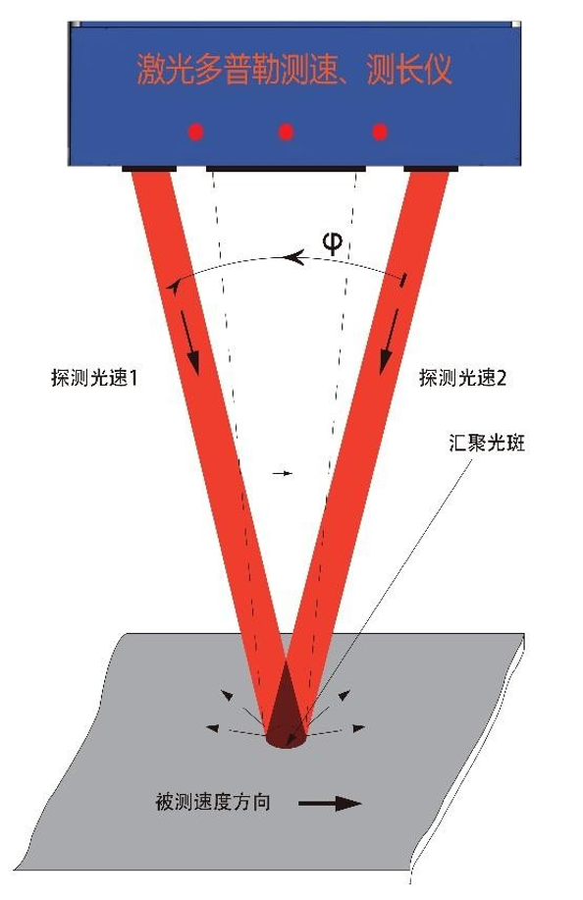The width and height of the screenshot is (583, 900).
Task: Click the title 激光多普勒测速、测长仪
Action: [x=294, y=70]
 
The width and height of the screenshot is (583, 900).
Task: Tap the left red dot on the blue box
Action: [x=196, y=132]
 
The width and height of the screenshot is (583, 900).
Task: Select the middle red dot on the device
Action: [x=287, y=132]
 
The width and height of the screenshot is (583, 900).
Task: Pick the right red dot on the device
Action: [x=379, y=132]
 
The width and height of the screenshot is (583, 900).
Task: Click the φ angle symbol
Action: [x=333, y=244]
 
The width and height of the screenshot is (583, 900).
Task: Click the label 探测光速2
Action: [x=462, y=378]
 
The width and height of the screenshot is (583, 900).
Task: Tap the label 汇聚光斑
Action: [x=487, y=443]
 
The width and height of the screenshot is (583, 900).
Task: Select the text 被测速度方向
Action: [x=213, y=802]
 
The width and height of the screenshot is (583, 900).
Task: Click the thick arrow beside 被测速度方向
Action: [x=331, y=803]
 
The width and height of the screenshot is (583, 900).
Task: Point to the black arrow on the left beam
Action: [x=191, y=343]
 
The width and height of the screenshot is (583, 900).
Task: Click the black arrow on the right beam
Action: [x=389, y=343]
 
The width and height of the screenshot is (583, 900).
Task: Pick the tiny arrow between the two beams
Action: [x=282, y=473]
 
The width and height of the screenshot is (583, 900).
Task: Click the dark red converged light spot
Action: [x=287, y=712]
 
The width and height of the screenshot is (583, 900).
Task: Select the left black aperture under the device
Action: [x=149, y=169]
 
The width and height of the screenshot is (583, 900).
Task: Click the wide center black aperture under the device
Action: [x=286, y=169]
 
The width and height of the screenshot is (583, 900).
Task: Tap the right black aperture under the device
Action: [x=431, y=169]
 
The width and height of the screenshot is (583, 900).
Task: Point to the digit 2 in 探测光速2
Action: [x=501, y=379]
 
